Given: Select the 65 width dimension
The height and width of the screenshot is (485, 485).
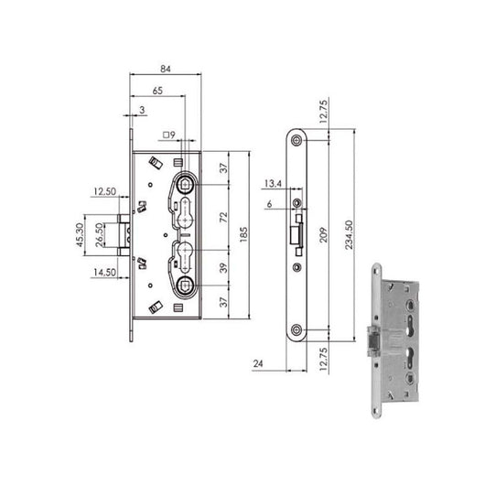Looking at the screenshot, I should pyautogui.click(x=157, y=91).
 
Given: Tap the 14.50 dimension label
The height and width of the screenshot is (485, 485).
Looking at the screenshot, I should pyautogui.click(x=103, y=272).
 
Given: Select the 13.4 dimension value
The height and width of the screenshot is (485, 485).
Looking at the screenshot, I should pyautogui.click(x=274, y=183).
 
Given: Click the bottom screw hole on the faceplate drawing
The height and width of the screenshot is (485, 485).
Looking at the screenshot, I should pyautogui.click(x=296, y=329).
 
